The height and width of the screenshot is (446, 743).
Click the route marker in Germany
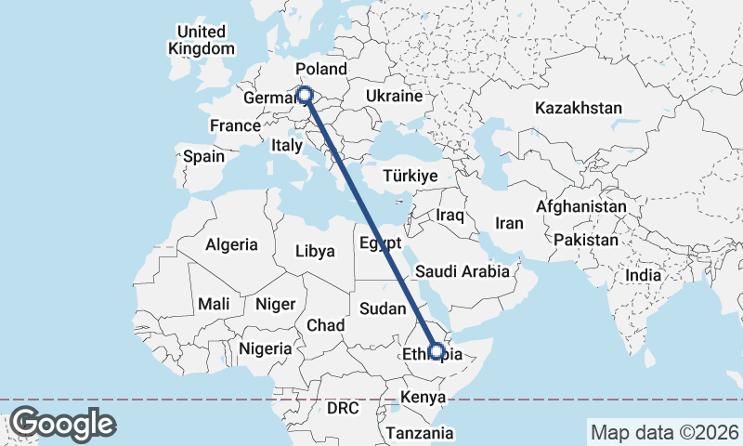pyautogui.click(x=304, y=94)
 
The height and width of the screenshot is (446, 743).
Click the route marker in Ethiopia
pyautogui.click(x=436, y=351)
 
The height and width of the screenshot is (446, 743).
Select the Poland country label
pyautogui.click(x=320, y=70)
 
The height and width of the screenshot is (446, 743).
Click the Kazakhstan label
pyautogui.click(x=578, y=109)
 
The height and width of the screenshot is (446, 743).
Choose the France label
pyautogui.click(x=234, y=125)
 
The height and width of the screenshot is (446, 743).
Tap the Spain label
pyautogui.click(x=203, y=156)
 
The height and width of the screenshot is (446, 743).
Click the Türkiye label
pyautogui.click(x=410, y=176)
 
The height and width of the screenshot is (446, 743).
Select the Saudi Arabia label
pyautogui.click(x=462, y=271)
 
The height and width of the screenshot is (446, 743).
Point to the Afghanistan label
pyautogui.click(x=581, y=206)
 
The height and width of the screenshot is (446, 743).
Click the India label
pyautogui.click(x=643, y=275)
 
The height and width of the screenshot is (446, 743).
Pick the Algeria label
pyautogui.click(x=231, y=245)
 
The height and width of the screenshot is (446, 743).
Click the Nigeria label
pyautogui.click(x=265, y=349)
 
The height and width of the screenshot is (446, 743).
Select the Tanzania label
pyautogui.click(x=420, y=433)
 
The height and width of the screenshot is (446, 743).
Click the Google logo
pyautogui.click(x=62, y=424)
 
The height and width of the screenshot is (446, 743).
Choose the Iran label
pyautogui.click(x=509, y=223)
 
